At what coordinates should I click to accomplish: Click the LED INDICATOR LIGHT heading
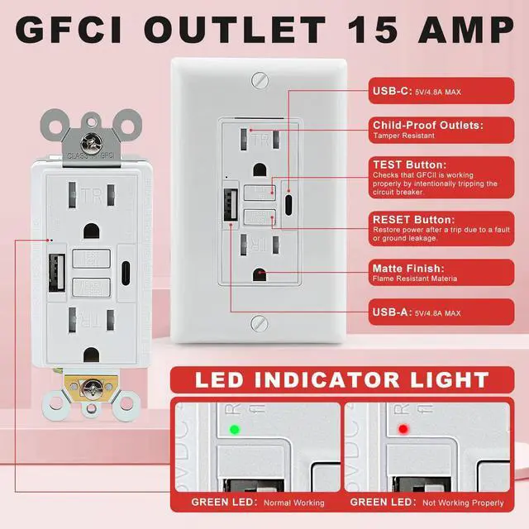pos(341,380)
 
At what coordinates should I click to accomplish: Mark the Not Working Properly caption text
pos(463,503)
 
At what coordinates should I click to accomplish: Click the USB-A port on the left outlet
pos(57,268)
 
